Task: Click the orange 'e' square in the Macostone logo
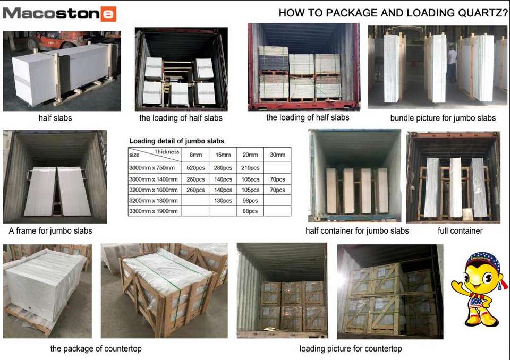point(108,14)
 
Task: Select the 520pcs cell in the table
point(195,168)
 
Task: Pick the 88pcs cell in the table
point(250,211)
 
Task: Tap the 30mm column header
point(277,155)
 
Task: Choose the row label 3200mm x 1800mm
point(154,201)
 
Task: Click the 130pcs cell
point(223,201)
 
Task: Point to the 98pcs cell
point(250,201)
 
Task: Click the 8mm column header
point(195,155)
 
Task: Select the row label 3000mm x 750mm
point(152,168)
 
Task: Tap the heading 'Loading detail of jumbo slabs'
point(176,141)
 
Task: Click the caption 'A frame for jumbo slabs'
point(50,231)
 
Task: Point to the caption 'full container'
point(460,231)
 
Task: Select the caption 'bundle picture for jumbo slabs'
point(443,118)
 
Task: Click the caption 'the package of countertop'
point(96,349)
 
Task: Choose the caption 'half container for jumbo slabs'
point(357,231)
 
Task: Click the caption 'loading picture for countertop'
point(351,349)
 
